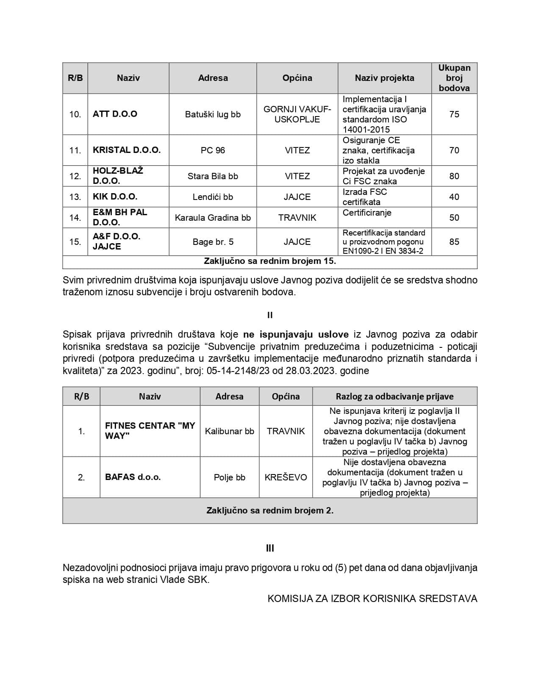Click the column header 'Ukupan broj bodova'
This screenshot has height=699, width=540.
(454, 78)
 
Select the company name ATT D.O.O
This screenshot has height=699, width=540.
(115, 114)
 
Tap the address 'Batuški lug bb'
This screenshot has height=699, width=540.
(213, 114)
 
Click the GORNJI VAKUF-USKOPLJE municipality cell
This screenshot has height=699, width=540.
(297, 114)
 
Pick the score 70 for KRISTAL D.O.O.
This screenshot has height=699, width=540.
(454, 150)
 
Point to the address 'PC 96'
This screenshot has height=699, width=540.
(213, 150)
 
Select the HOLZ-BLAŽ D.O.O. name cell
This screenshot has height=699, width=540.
(118, 176)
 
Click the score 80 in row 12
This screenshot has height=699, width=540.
(454, 176)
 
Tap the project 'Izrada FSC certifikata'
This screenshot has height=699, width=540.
(365, 197)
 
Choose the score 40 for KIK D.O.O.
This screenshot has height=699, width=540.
(454, 197)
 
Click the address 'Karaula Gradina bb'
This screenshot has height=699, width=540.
(213, 218)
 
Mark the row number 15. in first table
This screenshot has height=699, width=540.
(75, 242)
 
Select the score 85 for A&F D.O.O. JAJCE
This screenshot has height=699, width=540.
(454, 242)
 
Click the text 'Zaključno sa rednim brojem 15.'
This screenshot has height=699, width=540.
(270, 261)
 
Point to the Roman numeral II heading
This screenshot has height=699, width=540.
(270, 315)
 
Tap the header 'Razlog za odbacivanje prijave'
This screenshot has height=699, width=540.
(394, 397)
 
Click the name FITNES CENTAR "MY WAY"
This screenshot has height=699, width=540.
(150, 431)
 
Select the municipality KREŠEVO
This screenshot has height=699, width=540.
(286, 477)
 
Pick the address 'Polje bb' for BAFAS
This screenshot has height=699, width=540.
(230, 477)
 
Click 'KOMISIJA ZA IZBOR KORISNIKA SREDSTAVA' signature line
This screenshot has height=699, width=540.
(372, 599)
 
